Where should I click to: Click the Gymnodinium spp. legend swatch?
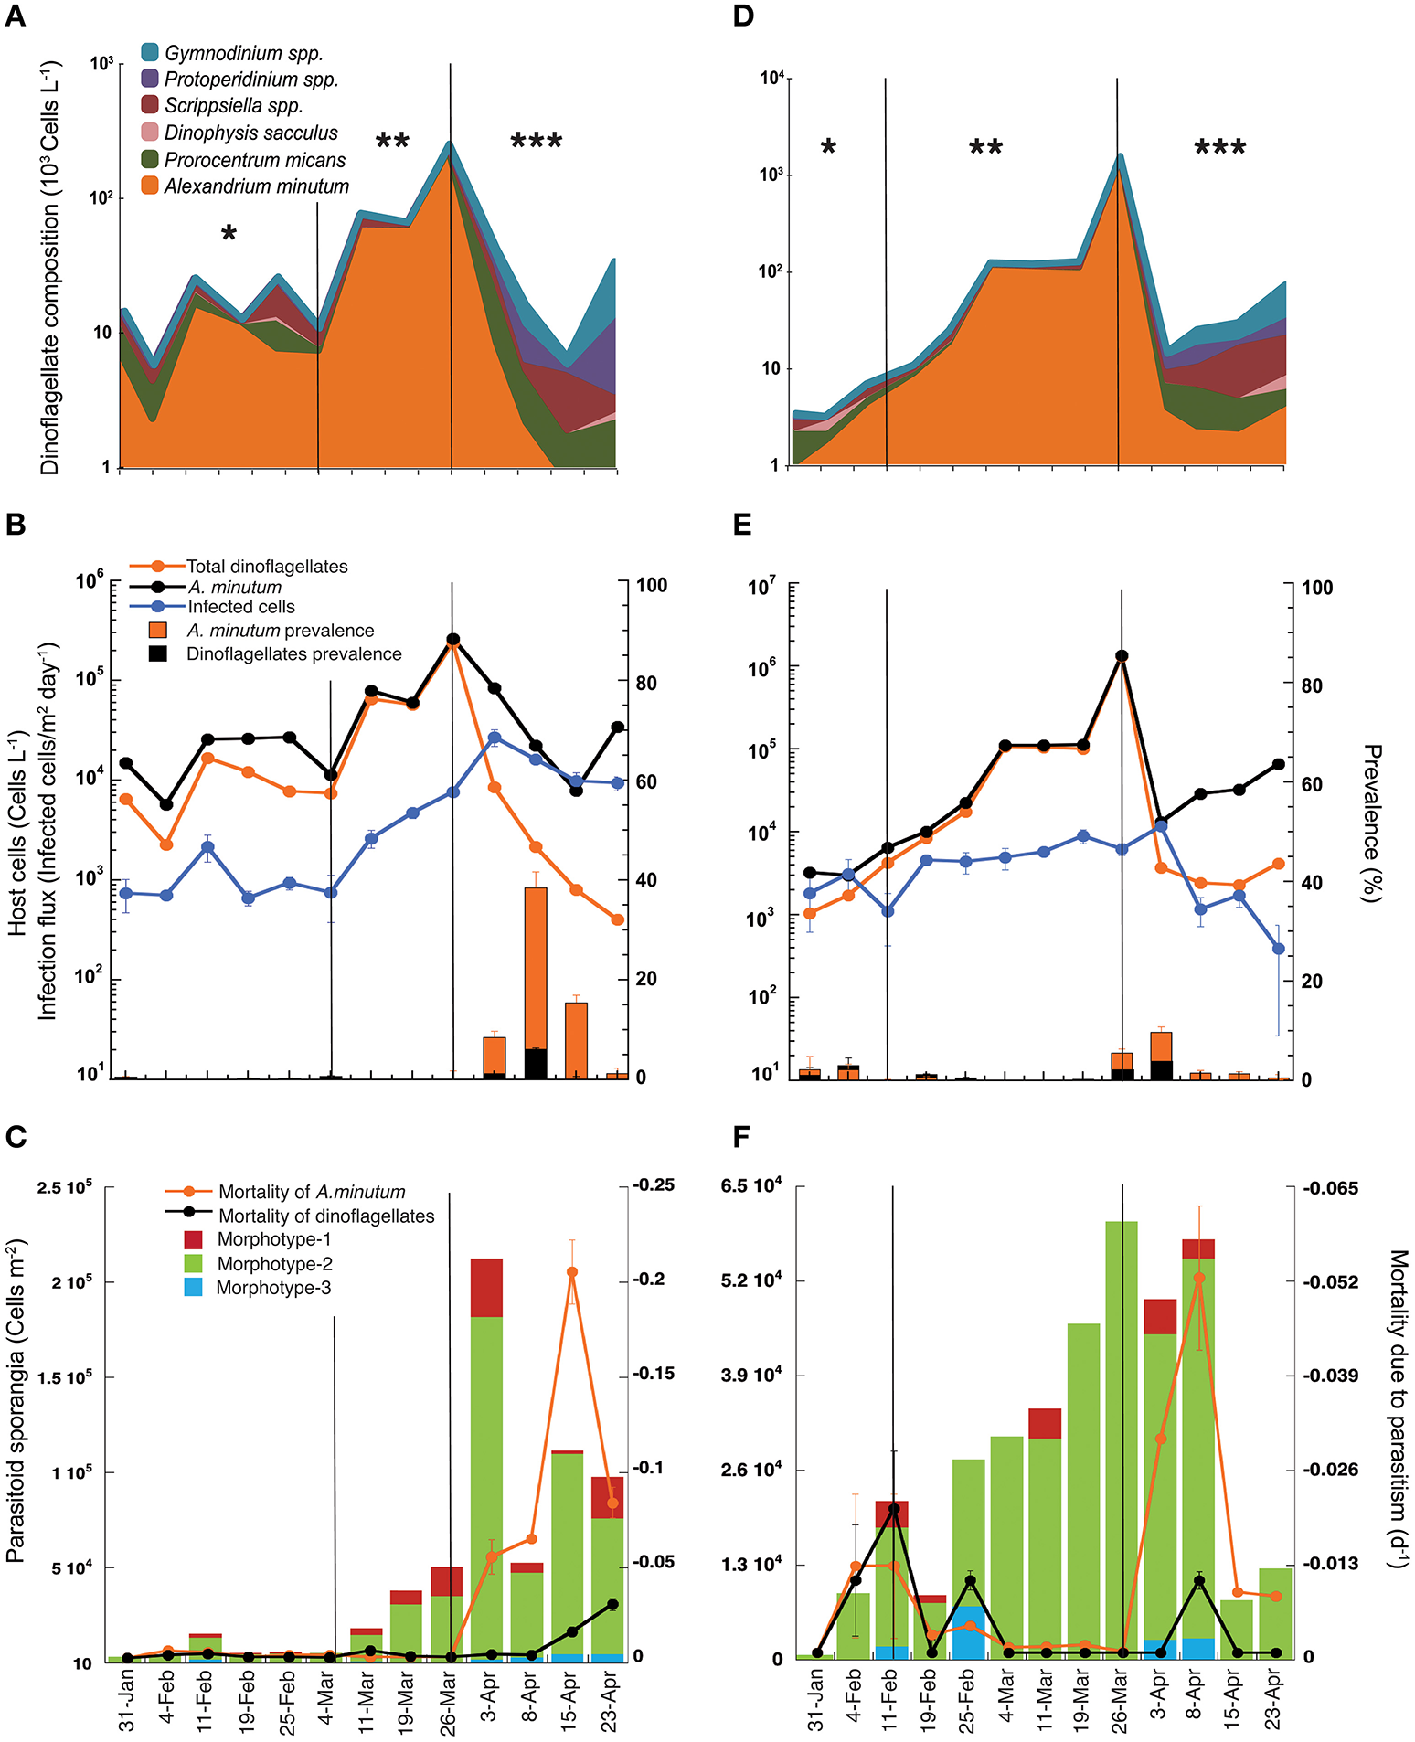click(x=150, y=53)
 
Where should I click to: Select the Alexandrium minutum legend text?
click(x=256, y=186)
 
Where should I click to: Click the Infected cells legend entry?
click(x=240, y=607)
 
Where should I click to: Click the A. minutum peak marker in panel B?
click(x=452, y=640)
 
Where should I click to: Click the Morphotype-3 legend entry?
click(x=272, y=1288)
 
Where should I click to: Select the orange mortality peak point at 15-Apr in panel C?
click(x=572, y=1271)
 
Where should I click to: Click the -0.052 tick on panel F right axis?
click(x=1330, y=1281)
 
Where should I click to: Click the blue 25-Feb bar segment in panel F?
click(x=969, y=1632)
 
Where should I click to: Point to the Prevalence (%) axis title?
click(x=1372, y=823)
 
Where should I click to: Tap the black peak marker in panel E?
click(x=1122, y=656)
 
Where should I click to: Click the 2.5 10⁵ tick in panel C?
click(x=64, y=1187)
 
